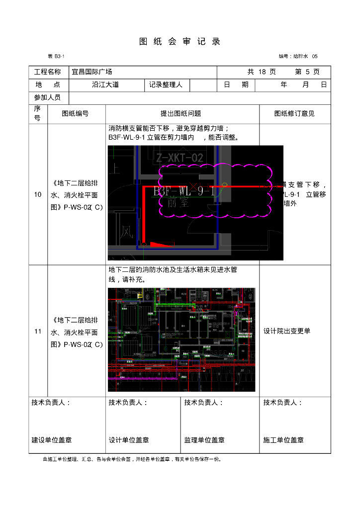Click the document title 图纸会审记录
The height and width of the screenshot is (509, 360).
180,42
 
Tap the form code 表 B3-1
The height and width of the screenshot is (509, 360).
56,56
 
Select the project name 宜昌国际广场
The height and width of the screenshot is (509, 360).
92,72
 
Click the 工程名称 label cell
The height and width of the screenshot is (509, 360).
48,72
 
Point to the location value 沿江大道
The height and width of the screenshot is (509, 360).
105,85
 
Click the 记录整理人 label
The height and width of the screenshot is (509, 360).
166,85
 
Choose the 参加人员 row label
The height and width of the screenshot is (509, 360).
48,97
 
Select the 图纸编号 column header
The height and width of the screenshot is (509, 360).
76,114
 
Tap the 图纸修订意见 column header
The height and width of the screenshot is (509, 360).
294,114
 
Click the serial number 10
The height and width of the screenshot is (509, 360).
38,195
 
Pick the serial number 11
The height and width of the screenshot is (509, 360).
38,332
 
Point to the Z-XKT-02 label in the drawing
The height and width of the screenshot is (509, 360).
180,158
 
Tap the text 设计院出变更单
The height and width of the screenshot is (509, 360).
287,331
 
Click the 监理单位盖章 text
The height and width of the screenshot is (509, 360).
204,440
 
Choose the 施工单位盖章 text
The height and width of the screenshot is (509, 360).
283,440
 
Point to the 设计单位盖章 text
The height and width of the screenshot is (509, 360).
129,440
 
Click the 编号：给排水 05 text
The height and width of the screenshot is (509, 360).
298,56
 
